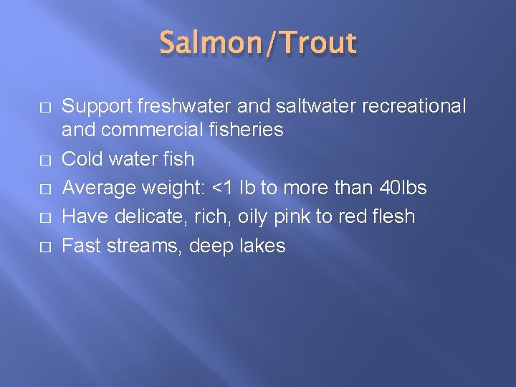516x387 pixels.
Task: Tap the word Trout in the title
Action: coord(319,44)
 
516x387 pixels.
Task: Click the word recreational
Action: coord(416,107)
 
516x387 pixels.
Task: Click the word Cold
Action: coord(84,158)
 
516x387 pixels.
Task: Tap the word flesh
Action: coord(393,216)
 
